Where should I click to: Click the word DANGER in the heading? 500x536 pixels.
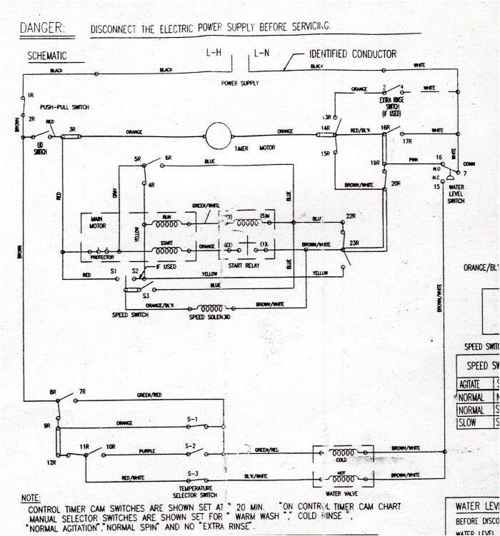pos(41,28)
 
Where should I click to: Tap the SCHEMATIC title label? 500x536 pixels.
pos(46,55)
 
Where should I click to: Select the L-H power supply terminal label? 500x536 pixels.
pos(214,54)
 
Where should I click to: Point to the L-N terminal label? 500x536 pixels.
pos(261,54)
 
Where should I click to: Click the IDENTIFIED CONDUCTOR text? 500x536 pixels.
pos(352,54)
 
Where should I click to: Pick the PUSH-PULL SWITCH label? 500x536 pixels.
pos(64,107)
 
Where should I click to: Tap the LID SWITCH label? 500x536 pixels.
pos(40,148)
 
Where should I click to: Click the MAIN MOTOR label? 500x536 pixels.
pos(98,222)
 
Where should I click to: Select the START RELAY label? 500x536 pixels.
pos(244,266)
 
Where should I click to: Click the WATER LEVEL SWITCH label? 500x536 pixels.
pos(456,194)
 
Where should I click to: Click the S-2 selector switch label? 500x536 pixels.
pos(191,445)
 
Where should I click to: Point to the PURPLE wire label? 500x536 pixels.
pos(148,450)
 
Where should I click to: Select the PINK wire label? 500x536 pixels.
pos(414,160)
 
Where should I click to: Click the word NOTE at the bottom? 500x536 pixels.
pos(31,497)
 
